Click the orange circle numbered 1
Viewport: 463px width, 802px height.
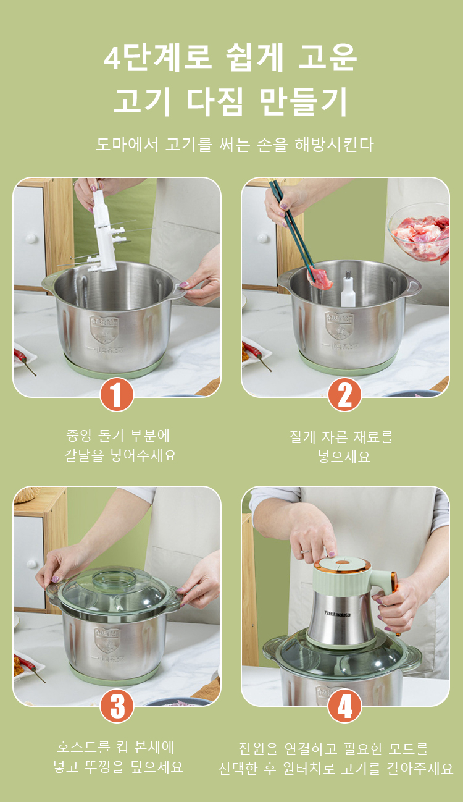[x=117, y=394]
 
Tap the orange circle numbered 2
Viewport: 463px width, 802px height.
[x=344, y=394]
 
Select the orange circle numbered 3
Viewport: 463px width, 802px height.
[x=117, y=706]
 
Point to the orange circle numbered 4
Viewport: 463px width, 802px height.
[x=344, y=706]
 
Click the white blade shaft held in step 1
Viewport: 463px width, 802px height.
[x=104, y=231]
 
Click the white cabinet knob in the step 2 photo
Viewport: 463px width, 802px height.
[x=263, y=238]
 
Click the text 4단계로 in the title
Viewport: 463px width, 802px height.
[x=157, y=57]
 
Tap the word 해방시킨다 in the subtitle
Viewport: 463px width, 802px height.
[x=334, y=145]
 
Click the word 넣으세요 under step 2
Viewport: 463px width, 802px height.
[x=344, y=457]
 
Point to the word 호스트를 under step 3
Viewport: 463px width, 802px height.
[x=84, y=747]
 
